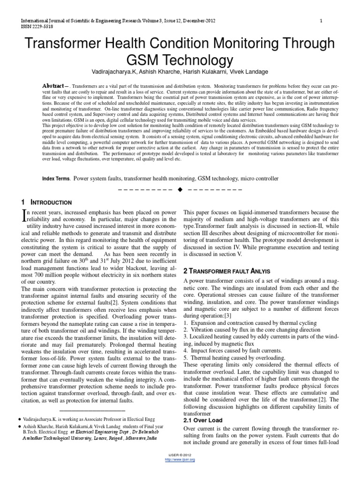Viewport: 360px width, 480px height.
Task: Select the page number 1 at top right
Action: pos(321,21)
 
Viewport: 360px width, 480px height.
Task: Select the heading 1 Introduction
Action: pos(46,202)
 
